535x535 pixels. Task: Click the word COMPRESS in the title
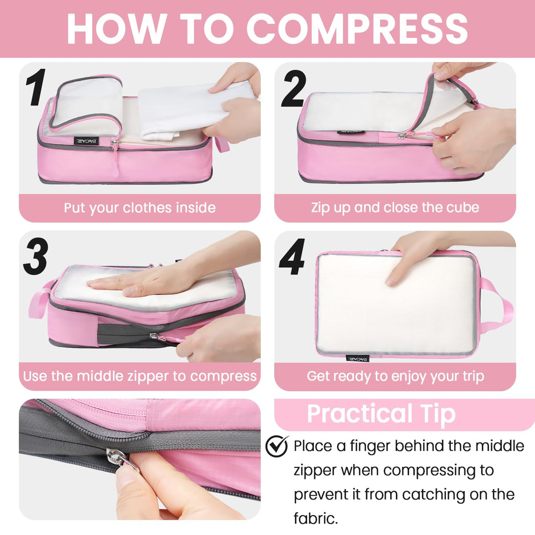[x=357, y=29]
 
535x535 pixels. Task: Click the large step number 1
[x=36, y=87]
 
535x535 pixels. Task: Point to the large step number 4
[x=292, y=257]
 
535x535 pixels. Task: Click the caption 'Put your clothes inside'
[x=139, y=208]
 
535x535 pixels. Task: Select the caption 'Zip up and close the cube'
[x=395, y=207]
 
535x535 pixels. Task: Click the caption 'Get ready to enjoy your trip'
[x=395, y=376]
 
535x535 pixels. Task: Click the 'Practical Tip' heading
[x=381, y=414]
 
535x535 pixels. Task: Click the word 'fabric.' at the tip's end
[x=316, y=518]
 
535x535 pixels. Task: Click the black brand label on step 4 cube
[x=357, y=358]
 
